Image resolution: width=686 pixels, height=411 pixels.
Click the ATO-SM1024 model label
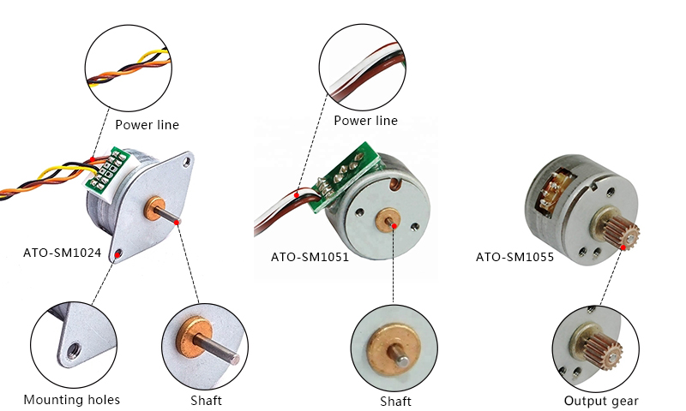coord(62,253)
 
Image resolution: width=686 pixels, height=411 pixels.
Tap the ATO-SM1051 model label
coord(310,256)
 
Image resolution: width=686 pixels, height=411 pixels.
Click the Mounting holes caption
coord(72,400)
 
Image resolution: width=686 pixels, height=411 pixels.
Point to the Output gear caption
coord(601,401)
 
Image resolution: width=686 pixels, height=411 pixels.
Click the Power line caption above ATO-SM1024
coord(147,125)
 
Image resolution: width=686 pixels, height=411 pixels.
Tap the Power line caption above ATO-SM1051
coord(365,121)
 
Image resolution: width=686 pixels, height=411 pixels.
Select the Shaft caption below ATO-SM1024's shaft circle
coord(207,401)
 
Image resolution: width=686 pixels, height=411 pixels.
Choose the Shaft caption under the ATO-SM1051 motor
coord(395,402)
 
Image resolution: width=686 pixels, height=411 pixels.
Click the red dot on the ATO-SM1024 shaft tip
coord(178,223)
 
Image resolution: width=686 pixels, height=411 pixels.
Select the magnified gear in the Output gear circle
coord(605,349)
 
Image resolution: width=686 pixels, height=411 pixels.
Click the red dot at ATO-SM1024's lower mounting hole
coord(117,253)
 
